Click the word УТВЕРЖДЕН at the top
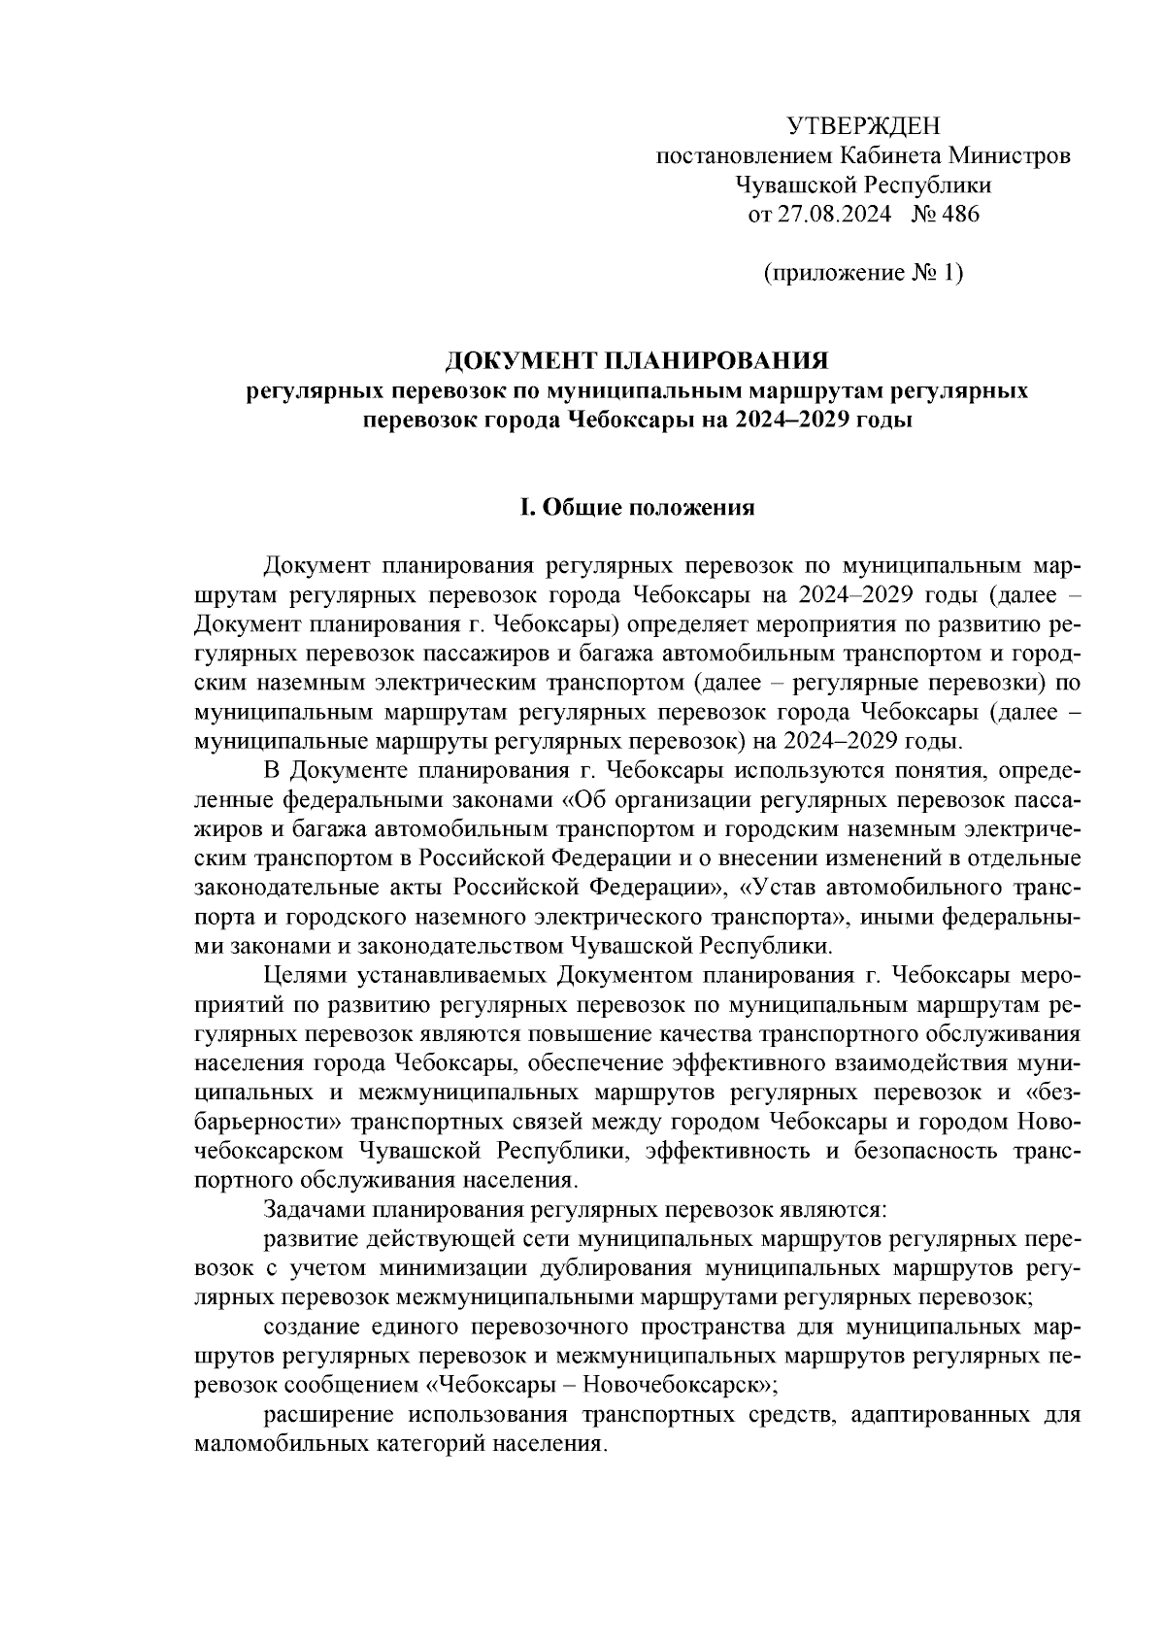pyautogui.click(x=862, y=125)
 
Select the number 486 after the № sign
pyautogui.click(x=959, y=216)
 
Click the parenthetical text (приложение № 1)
pyautogui.click(x=862, y=274)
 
